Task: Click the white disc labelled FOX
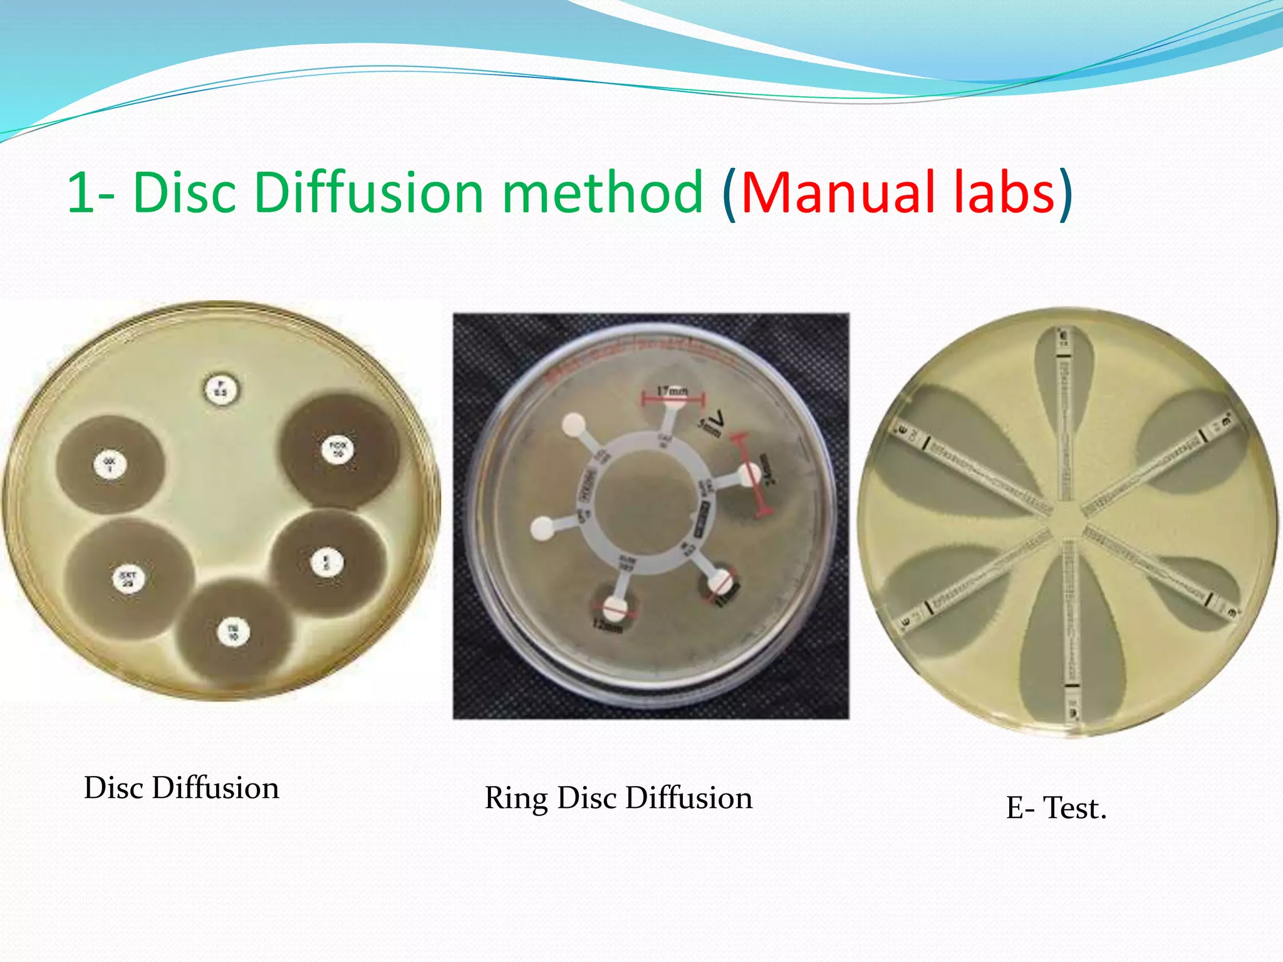pos(338,449)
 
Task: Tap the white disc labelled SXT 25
pos(128,578)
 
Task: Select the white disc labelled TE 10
pos(233,632)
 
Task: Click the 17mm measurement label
pos(672,390)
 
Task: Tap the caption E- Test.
pos(1056,808)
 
